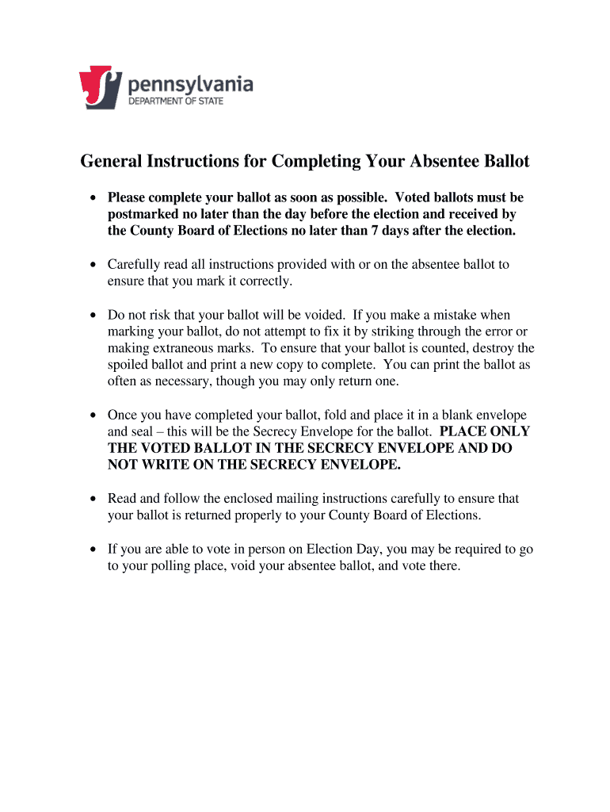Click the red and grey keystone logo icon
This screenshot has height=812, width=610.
pos(101,87)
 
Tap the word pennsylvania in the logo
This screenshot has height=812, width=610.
pos(191,82)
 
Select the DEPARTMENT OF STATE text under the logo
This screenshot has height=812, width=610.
pos(176,101)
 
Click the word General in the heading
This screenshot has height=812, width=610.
pos(109,162)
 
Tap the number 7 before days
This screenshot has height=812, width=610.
pos(369,231)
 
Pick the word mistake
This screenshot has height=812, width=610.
pos(450,315)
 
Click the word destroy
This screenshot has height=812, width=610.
pos(509,348)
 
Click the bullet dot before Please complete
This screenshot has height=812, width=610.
pos(93,197)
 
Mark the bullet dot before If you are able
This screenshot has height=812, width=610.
pos(93,550)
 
